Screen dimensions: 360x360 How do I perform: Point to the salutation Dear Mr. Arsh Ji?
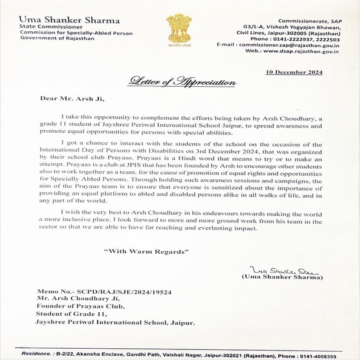tap(64, 100)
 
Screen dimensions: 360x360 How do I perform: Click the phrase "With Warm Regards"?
tap(146, 251)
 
